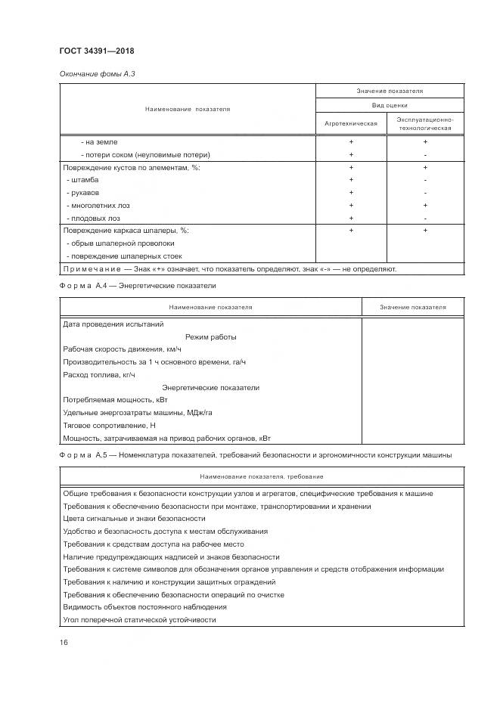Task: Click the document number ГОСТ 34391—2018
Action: click(95, 51)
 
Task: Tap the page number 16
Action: click(64, 643)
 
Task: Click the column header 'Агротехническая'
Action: click(351, 123)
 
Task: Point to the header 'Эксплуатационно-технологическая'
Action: click(425, 123)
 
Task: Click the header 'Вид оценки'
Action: click(389, 106)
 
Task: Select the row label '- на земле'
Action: click(99, 142)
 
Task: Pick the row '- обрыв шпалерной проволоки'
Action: click(120, 243)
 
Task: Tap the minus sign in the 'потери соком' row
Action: click(425, 154)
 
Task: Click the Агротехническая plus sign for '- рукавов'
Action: click(351, 193)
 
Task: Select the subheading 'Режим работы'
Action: click(210, 336)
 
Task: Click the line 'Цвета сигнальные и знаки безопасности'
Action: click(135, 519)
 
